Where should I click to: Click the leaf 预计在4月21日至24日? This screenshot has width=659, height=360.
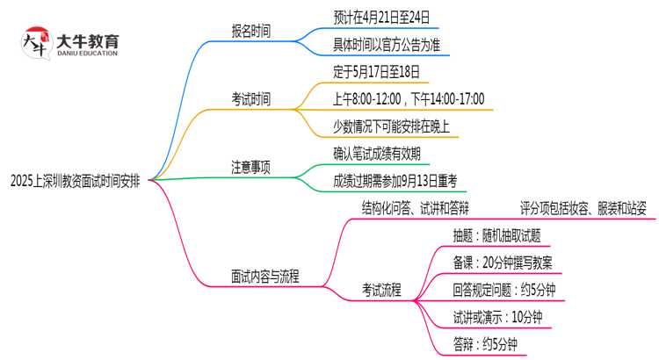(383, 17)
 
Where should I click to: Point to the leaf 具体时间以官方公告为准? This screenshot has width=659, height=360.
(391, 44)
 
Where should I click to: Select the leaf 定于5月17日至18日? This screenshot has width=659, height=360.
(377, 71)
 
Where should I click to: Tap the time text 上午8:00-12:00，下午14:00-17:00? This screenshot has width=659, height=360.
(409, 98)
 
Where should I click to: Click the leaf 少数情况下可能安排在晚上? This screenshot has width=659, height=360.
(391, 126)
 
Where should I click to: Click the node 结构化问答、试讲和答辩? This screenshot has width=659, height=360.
(415, 208)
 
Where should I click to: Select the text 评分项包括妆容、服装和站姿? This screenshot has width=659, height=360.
(583, 208)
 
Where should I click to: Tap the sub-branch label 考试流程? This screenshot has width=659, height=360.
(382, 290)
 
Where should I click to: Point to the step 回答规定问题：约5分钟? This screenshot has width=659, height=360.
(504, 290)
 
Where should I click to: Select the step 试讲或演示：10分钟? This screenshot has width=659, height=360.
(497, 317)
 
